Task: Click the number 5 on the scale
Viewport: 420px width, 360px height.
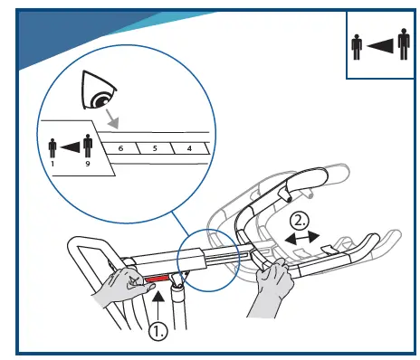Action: pos(155,146)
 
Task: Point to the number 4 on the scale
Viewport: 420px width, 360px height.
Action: pos(188,146)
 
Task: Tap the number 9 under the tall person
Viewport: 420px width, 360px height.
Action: pos(87,166)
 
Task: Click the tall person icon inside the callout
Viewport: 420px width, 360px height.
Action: pos(87,146)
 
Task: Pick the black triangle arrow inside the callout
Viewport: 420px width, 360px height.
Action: pos(71,147)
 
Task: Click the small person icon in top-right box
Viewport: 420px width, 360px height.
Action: pos(358,47)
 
